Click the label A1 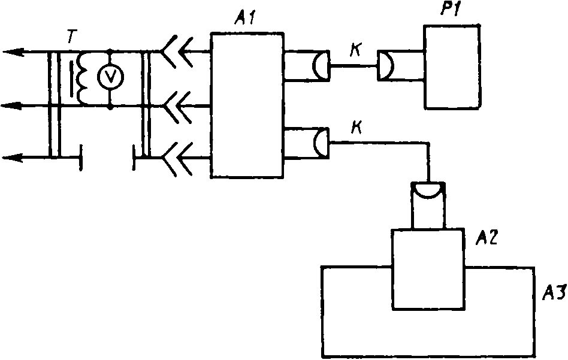tap(244, 18)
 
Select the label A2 tap(487, 238)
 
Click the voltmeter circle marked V tap(110, 75)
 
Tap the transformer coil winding tap(82, 77)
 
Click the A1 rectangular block tap(247, 105)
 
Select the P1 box tap(452, 66)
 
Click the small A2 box tap(427, 269)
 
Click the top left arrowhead tap(13, 53)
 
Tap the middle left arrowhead tap(13, 106)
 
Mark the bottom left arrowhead tap(13, 158)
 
